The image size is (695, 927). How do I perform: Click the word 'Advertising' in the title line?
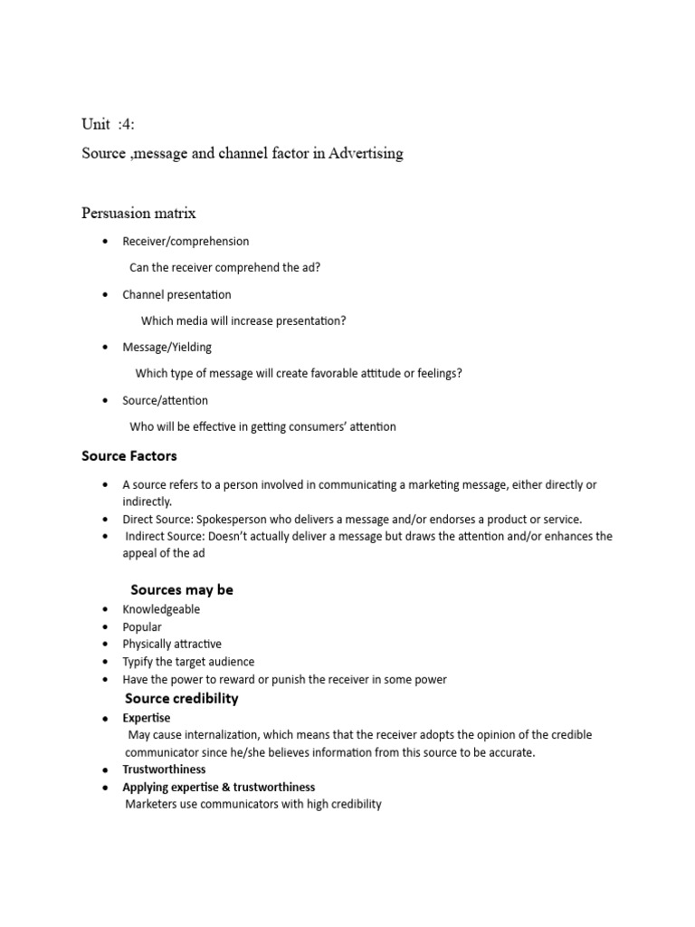(x=366, y=153)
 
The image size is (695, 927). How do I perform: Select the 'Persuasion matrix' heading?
(x=138, y=214)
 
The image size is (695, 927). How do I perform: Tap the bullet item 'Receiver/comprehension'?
(x=186, y=242)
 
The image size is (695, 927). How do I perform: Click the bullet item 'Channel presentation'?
(x=176, y=294)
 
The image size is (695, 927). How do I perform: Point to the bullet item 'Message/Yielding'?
(x=167, y=347)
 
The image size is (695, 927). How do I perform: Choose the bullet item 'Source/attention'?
(x=166, y=400)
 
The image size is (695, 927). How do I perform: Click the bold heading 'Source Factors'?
(x=129, y=456)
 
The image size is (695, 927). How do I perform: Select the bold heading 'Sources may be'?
(x=182, y=589)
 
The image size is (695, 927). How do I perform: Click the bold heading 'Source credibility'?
(x=181, y=698)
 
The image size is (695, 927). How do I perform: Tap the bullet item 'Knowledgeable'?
(x=161, y=609)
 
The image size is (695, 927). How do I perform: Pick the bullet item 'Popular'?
(x=142, y=626)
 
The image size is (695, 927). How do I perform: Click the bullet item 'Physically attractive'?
(x=172, y=644)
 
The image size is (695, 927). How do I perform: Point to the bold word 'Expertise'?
(x=147, y=718)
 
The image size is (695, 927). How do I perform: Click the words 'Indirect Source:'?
(x=165, y=536)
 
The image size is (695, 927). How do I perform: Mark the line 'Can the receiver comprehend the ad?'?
(x=224, y=268)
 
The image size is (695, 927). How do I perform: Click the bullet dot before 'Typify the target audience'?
(x=106, y=662)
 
